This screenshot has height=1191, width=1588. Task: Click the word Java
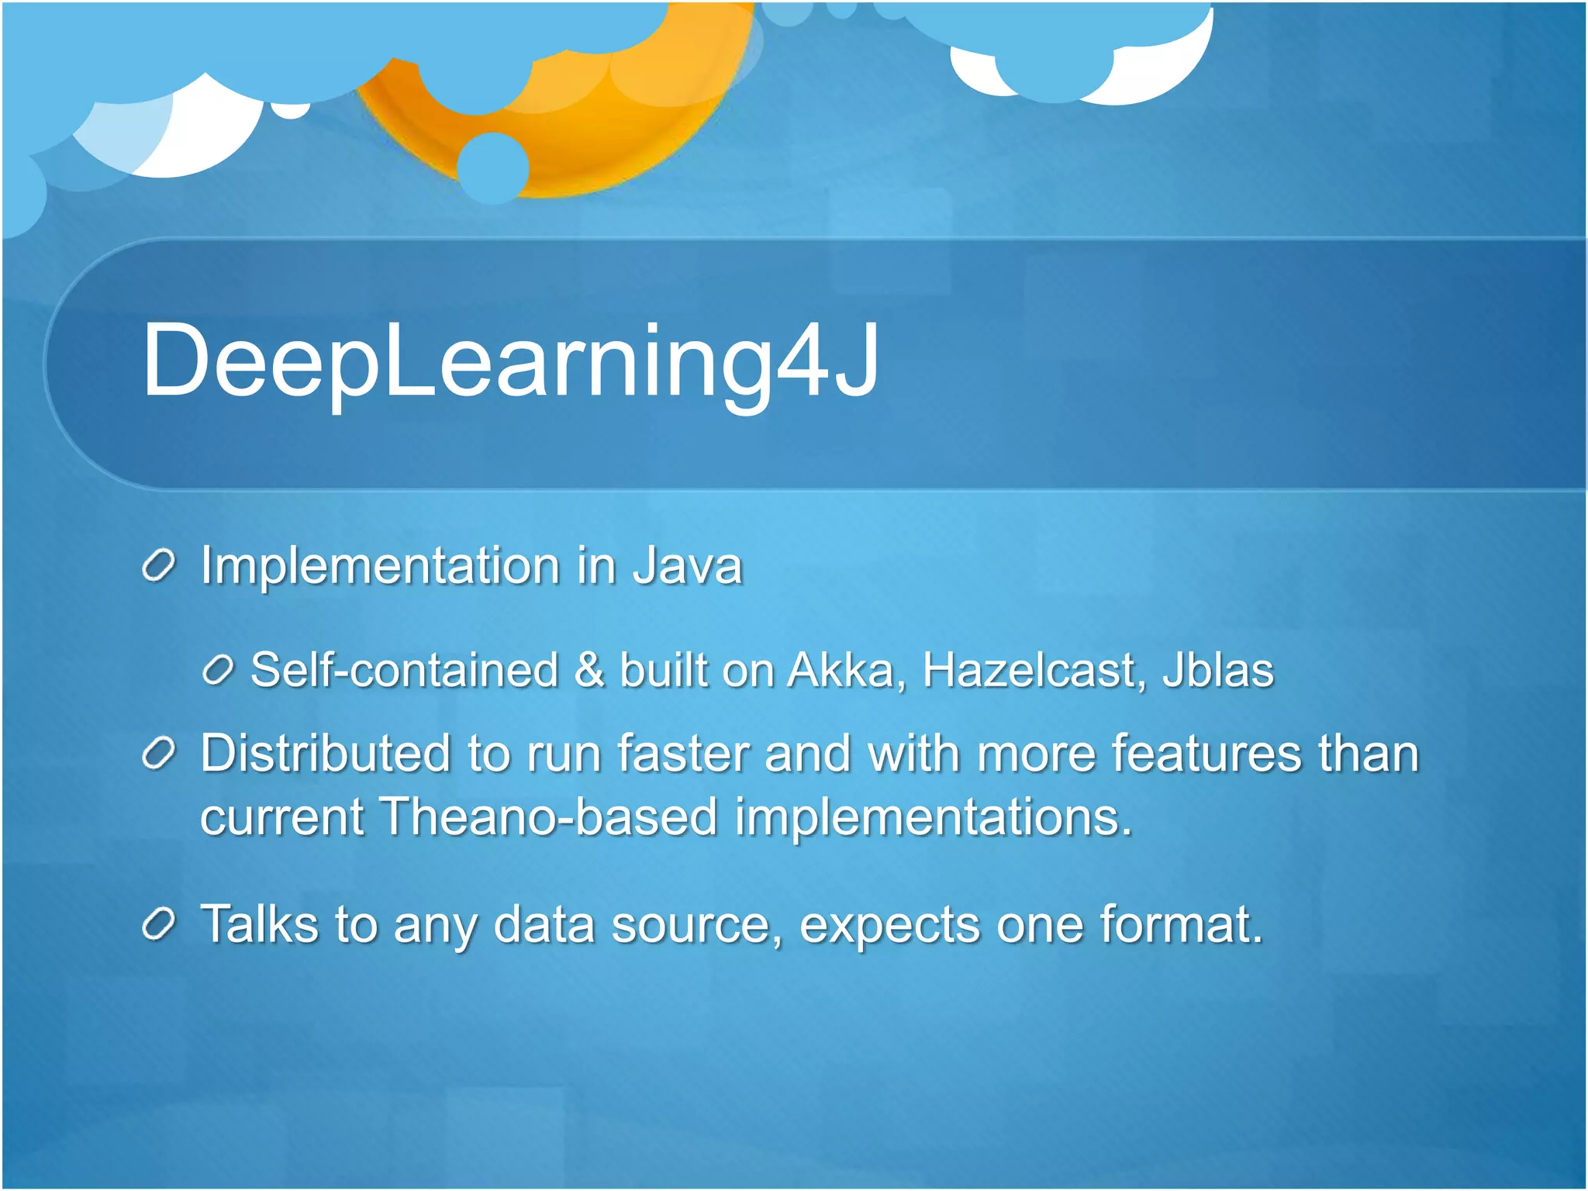click(x=688, y=565)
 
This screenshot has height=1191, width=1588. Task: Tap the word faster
click(x=683, y=753)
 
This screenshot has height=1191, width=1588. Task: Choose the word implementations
click(x=934, y=818)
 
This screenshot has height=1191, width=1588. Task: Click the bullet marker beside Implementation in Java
click(x=160, y=567)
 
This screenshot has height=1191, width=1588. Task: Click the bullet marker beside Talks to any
click(x=160, y=925)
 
